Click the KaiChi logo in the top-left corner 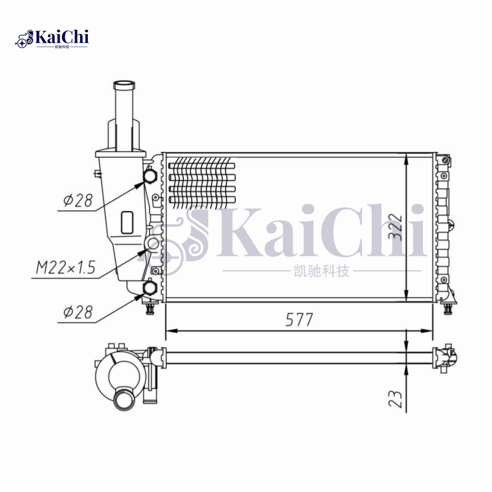pos(52,38)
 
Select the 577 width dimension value pos(300,320)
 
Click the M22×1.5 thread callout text pos(64,268)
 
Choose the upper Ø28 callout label pos(77,200)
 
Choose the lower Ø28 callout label pos(77,312)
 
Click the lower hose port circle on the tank pos(150,288)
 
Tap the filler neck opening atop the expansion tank pos(126,84)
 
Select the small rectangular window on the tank pos(127,222)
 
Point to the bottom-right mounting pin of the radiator pos(448,308)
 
